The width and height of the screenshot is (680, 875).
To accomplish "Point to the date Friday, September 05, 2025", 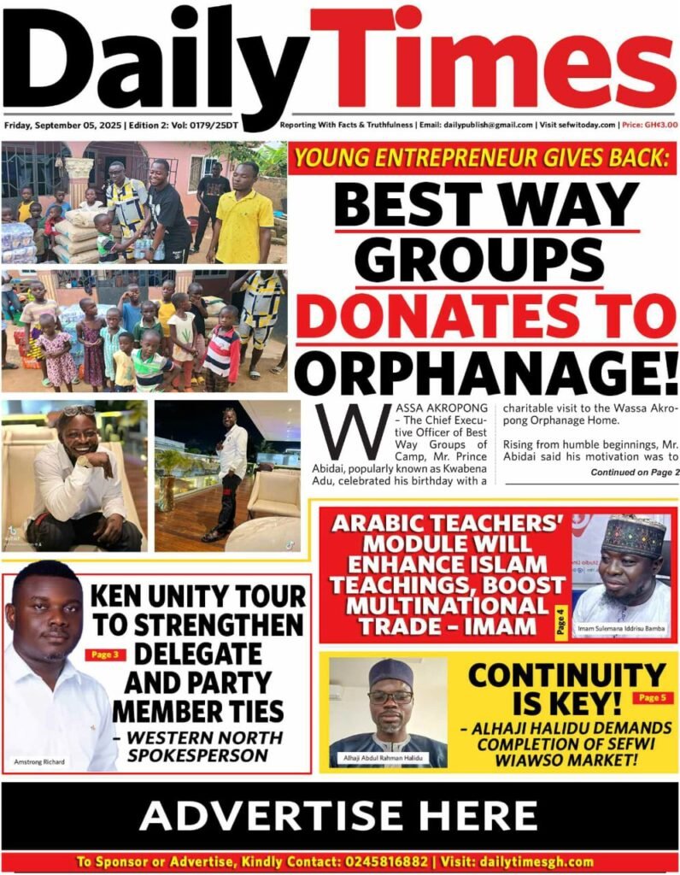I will pyautogui.click(x=62, y=124).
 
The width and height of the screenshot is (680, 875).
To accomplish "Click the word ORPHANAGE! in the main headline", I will pyautogui.click(x=485, y=373).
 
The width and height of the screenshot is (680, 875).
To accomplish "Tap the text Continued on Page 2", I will pyautogui.click(x=635, y=473).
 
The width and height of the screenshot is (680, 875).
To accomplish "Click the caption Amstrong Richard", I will pyautogui.click(x=40, y=761).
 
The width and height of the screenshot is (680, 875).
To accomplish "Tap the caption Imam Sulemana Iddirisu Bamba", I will pyautogui.click(x=621, y=631).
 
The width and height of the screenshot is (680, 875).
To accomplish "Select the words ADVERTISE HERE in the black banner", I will pyautogui.click(x=339, y=816).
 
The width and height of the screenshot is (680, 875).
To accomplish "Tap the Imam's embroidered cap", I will pyautogui.click(x=633, y=536).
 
